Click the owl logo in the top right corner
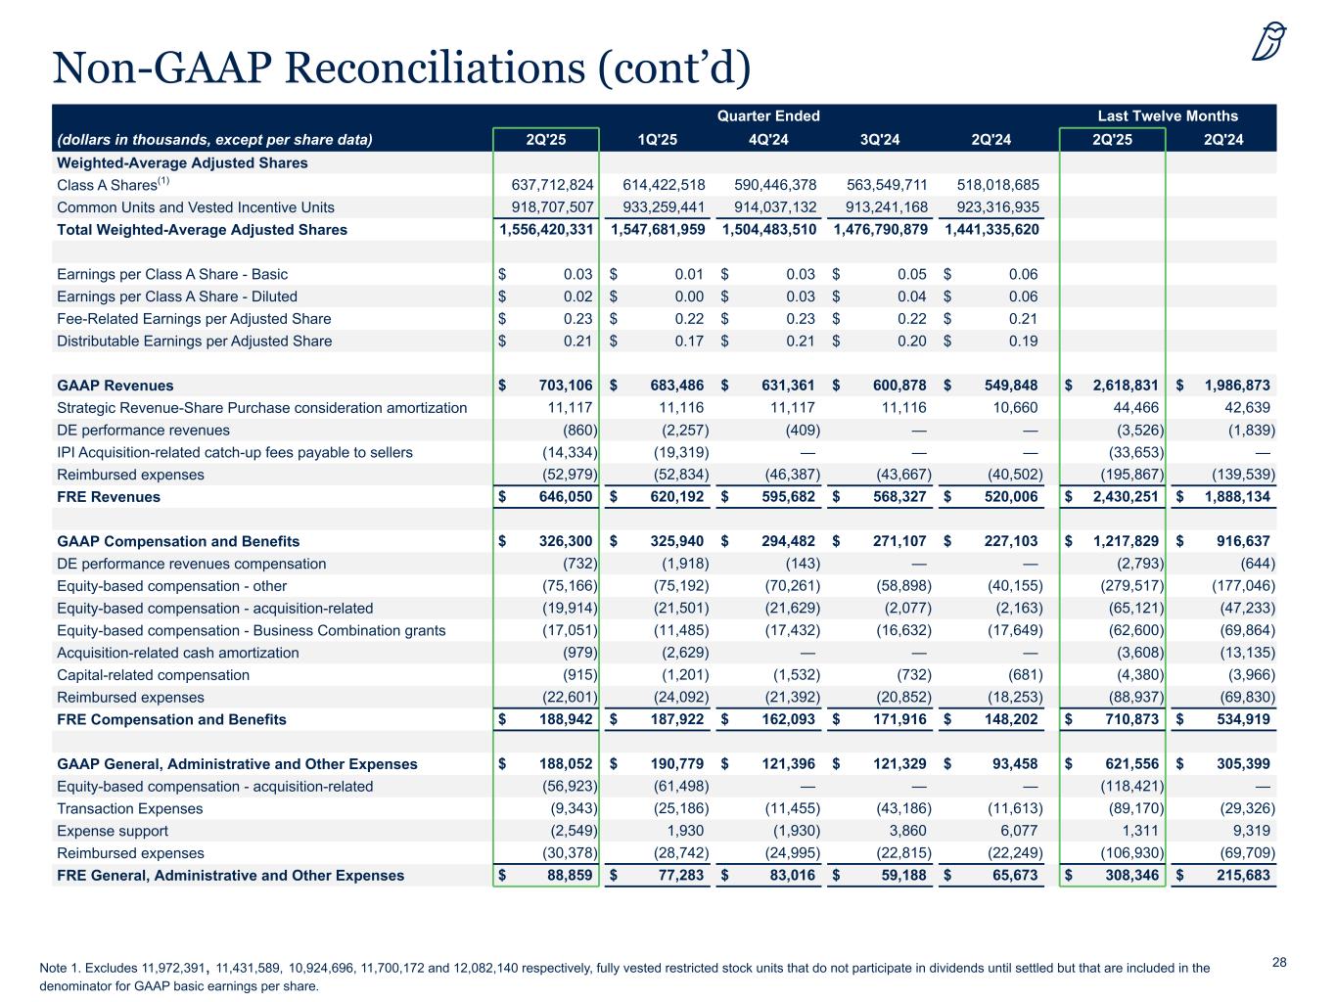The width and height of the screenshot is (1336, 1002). (1269, 42)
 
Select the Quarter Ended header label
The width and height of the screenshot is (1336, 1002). (768, 115)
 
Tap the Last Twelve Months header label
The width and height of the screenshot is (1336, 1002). (1168, 115)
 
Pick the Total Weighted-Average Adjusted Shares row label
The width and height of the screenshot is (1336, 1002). (202, 230)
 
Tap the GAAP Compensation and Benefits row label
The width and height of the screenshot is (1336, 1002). (178, 541)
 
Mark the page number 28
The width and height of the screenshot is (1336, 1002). (1279, 963)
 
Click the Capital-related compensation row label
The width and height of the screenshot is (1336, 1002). (153, 675)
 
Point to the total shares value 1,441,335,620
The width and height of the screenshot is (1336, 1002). (991, 230)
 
